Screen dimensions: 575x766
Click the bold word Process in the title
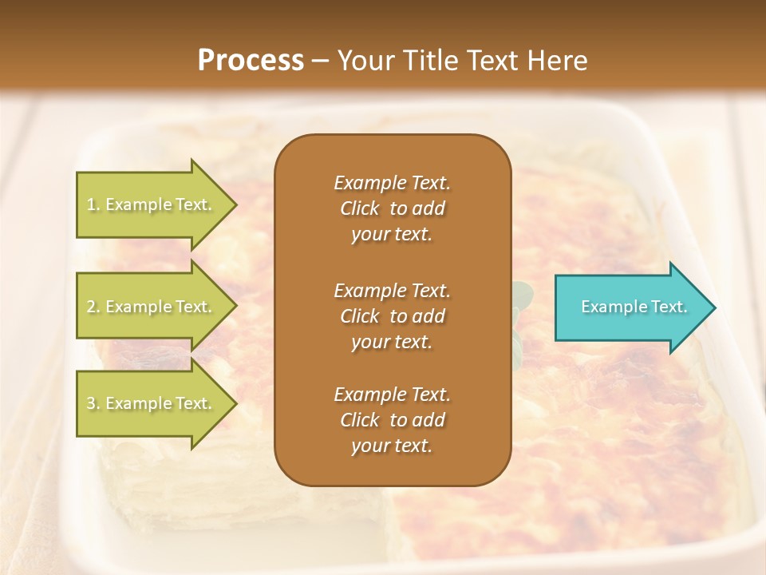(x=251, y=60)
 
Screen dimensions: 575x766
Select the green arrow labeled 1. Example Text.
(x=152, y=204)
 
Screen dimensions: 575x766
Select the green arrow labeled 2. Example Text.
(x=152, y=307)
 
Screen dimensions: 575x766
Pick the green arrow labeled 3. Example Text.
(x=152, y=403)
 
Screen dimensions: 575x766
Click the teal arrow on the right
(x=630, y=307)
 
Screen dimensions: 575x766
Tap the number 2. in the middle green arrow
(x=93, y=307)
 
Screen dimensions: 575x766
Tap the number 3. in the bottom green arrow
(x=93, y=403)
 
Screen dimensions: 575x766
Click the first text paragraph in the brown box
(x=392, y=208)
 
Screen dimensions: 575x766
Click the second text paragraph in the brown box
(x=392, y=316)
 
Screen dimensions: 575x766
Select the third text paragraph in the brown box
(x=392, y=420)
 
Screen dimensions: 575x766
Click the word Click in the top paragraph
(x=360, y=208)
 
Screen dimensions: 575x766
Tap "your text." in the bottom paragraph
(x=392, y=446)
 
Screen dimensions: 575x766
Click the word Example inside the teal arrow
(x=609, y=307)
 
